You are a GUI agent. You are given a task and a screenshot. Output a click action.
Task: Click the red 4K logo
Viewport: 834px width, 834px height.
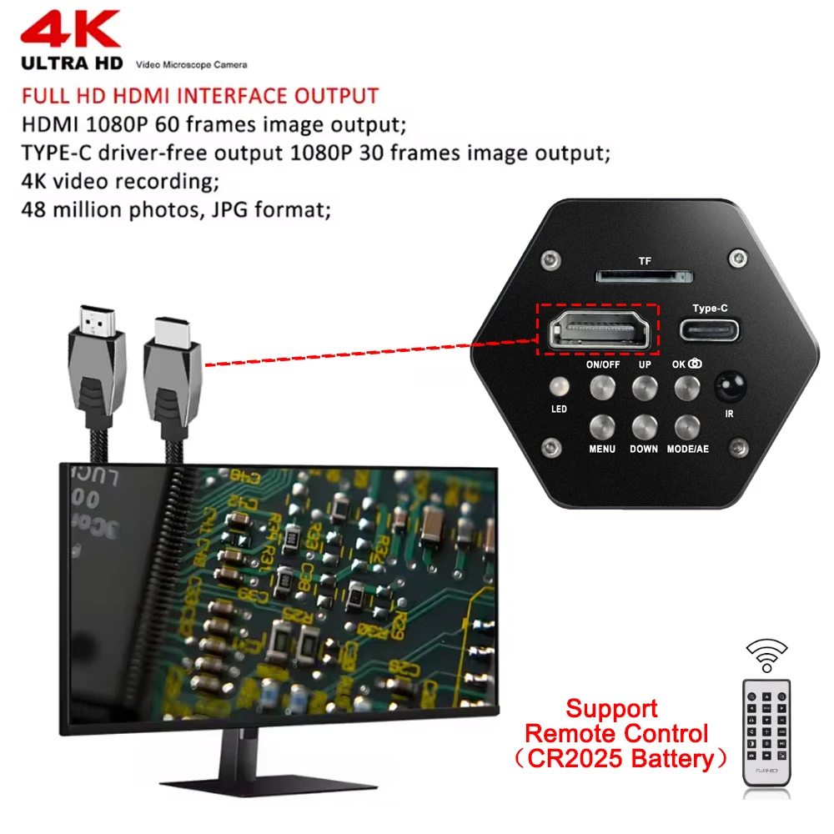click(70, 31)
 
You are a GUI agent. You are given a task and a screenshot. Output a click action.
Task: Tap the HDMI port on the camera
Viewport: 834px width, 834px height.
click(597, 330)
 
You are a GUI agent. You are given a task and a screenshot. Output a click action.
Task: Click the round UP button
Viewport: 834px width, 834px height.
click(645, 387)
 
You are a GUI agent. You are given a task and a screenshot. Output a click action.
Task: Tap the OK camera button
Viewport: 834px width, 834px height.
click(687, 387)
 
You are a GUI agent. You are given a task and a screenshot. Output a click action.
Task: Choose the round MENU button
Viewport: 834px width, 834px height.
click(602, 427)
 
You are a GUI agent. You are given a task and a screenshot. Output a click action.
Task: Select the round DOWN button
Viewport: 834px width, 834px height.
click(645, 427)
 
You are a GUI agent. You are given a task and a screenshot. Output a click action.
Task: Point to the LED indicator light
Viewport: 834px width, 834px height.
click(559, 387)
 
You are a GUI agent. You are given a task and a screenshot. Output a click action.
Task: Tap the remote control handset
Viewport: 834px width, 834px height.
click(766, 731)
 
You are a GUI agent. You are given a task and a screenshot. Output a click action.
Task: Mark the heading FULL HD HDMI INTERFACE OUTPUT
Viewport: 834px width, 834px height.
click(200, 96)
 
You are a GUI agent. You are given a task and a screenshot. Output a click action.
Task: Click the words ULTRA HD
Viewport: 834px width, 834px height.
click(72, 64)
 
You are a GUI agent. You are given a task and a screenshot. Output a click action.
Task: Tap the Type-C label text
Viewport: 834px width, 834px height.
click(710, 309)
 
